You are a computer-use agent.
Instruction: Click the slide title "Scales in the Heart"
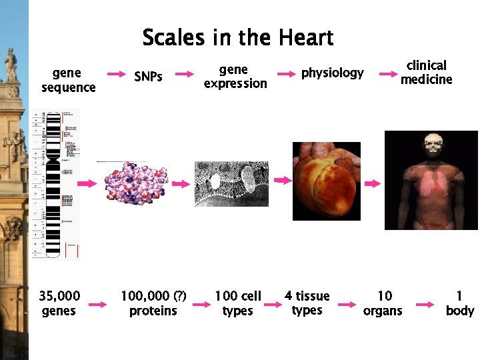click(x=238, y=37)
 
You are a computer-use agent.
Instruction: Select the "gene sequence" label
click(x=69, y=80)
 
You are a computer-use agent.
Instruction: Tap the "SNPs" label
click(x=148, y=77)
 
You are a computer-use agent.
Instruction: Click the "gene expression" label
click(x=235, y=77)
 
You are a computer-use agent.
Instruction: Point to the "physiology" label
click(x=332, y=73)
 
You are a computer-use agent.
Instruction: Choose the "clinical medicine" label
click(x=426, y=72)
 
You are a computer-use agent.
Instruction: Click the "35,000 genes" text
click(x=59, y=303)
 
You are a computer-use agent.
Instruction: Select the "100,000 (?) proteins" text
click(x=153, y=303)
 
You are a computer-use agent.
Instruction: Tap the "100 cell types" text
click(x=237, y=303)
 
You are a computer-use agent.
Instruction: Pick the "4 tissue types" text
click(x=307, y=303)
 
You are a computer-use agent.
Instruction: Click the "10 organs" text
click(x=383, y=303)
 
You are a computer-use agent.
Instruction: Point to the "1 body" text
click(x=459, y=303)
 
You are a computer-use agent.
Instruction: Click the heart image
click(x=327, y=181)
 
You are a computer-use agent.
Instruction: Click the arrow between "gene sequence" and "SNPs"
click(x=117, y=74)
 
